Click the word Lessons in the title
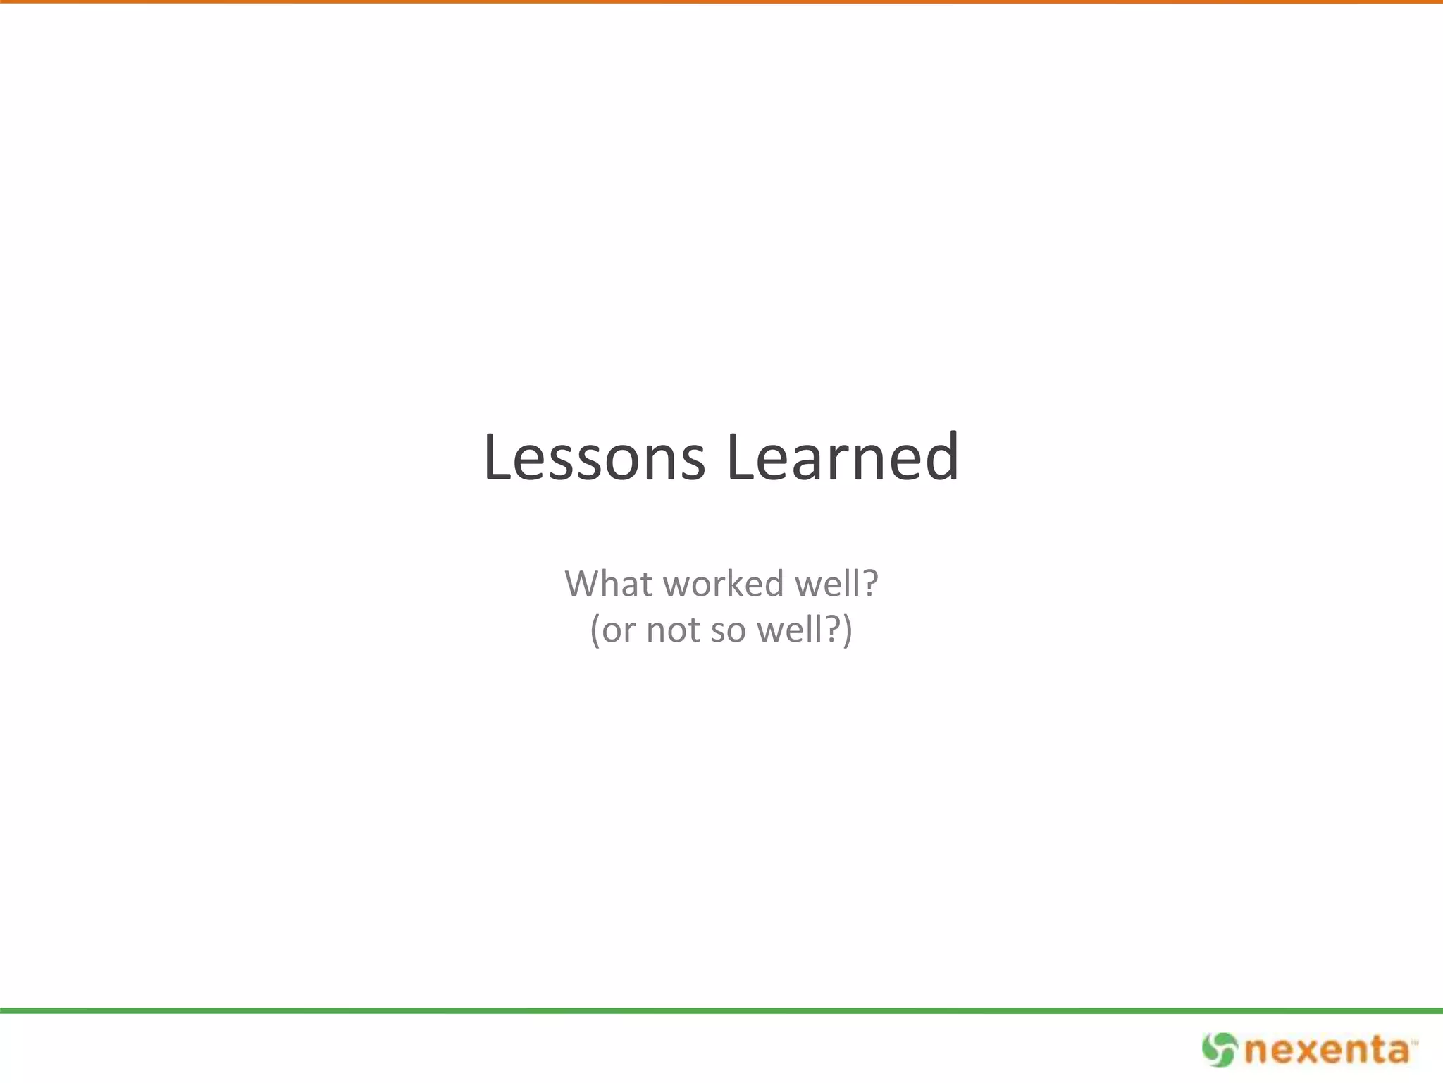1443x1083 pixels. click(x=594, y=458)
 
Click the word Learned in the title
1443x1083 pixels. click(x=842, y=458)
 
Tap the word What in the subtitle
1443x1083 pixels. click(x=607, y=584)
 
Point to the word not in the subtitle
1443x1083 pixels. click(x=674, y=630)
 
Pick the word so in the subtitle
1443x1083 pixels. click(x=729, y=630)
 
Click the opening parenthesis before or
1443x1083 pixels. click(x=595, y=630)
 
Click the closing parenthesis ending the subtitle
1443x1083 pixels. click(x=847, y=630)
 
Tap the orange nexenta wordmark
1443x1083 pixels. click(x=1326, y=1051)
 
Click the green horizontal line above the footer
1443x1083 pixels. click(x=721, y=1010)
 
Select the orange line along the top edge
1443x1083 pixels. click(x=721, y=1)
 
